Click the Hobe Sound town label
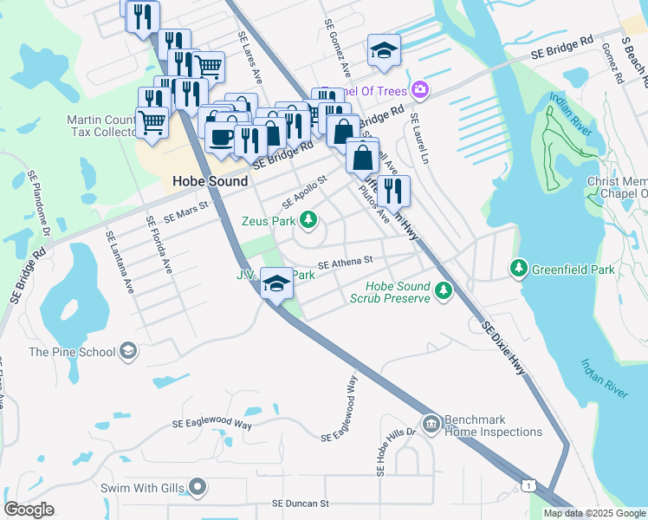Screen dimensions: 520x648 tap(210, 182)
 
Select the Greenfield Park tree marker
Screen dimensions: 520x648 tap(519, 270)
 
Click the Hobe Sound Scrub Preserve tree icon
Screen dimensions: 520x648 tap(444, 290)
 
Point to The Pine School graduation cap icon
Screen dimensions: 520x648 tap(128, 351)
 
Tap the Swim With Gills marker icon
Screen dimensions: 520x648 tap(198, 488)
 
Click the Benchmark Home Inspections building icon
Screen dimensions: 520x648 tap(431, 424)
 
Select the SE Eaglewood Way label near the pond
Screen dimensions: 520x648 tap(212, 424)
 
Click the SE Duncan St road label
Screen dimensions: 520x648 tap(301, 503)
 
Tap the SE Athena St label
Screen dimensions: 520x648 tap(345, 260)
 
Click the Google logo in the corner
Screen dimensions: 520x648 tap(29, 509)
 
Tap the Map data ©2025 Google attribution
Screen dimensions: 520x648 tap(594, 513)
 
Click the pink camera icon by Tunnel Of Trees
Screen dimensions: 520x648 tap(420, 89)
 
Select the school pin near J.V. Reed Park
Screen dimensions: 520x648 tap(276, 283)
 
